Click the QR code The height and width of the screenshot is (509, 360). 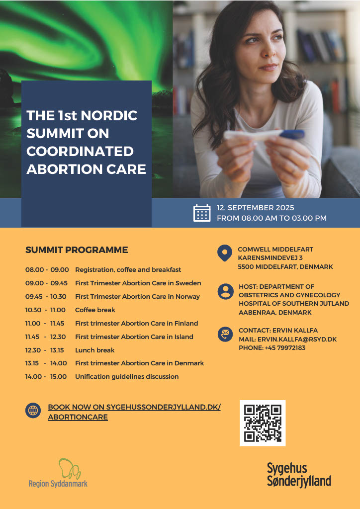(x=263, y=423)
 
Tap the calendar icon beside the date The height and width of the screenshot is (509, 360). (x=202, y=213)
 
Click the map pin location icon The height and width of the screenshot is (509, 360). (x=225, y=253)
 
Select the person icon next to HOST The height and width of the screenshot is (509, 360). (x=225, y=291)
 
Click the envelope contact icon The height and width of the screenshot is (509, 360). (x=225, y=334)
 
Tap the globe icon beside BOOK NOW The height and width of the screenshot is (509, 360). (x=33, y=411)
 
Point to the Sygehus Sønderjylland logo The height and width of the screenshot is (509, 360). (x=298, y=475)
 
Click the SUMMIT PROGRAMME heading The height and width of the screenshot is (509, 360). (x=77, y=250)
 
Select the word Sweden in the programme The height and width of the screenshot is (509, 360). (x=189, y=283)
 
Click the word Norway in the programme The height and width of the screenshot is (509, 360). (x=187, y=297)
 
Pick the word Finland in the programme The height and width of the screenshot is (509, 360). (x=186, y=324)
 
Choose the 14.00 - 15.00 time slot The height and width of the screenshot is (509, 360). (x=46, y=377)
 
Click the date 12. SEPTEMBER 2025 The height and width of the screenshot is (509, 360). (x=256, y=208)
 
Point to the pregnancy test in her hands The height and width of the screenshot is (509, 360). (x=264, y=135)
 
